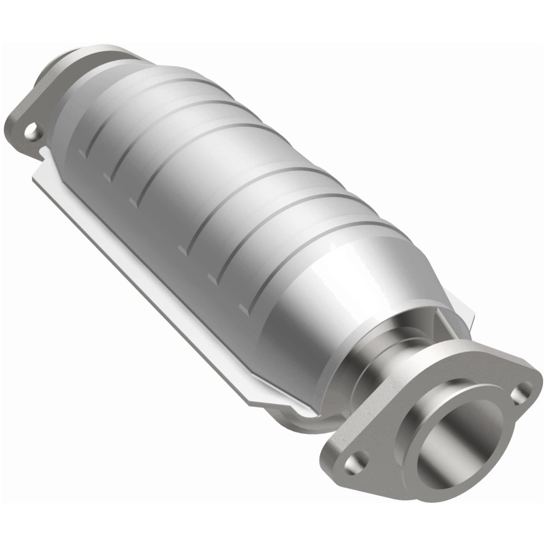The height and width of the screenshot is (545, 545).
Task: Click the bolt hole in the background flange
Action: click(x=31, y=131)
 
